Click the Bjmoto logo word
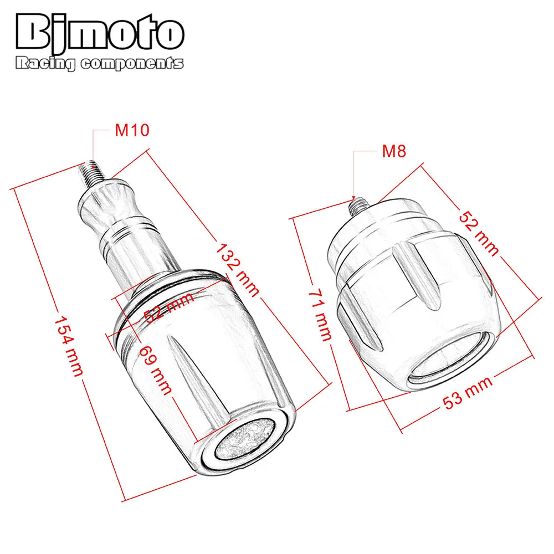click(x=100, y=33)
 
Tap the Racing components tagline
click(x=100, y=64)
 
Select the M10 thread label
click(x=132, y=130)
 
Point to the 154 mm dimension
click(x=69, y=346)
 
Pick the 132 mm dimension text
click(x=238, y=270)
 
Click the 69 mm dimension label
click(x=156, y=370)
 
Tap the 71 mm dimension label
click(x=320, y=315)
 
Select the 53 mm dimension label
click(x=467, y=393)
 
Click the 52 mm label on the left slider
click(x=169, y=307)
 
